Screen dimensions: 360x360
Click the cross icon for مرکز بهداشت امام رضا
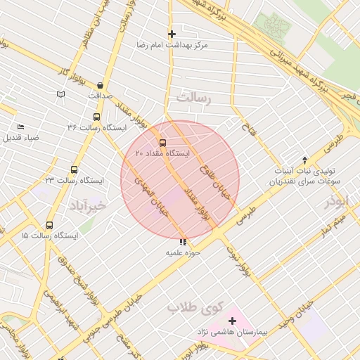pos(172,33)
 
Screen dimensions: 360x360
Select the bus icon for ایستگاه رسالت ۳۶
pos(96,117)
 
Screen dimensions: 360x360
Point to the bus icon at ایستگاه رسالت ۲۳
pos(75,169)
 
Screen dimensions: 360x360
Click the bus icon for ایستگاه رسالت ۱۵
pos(49,225)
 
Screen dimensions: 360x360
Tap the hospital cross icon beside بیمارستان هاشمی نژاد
pos(233,321)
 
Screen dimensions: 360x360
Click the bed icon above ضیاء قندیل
pos(20,127)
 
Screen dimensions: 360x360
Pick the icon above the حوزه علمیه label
pos(184,242)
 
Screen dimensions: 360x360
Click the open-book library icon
pos(61,94)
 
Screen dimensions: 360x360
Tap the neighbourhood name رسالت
pos(194,98)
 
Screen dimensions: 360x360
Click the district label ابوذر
pos(336,202)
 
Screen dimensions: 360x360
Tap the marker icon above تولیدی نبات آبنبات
pos(304,160)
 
